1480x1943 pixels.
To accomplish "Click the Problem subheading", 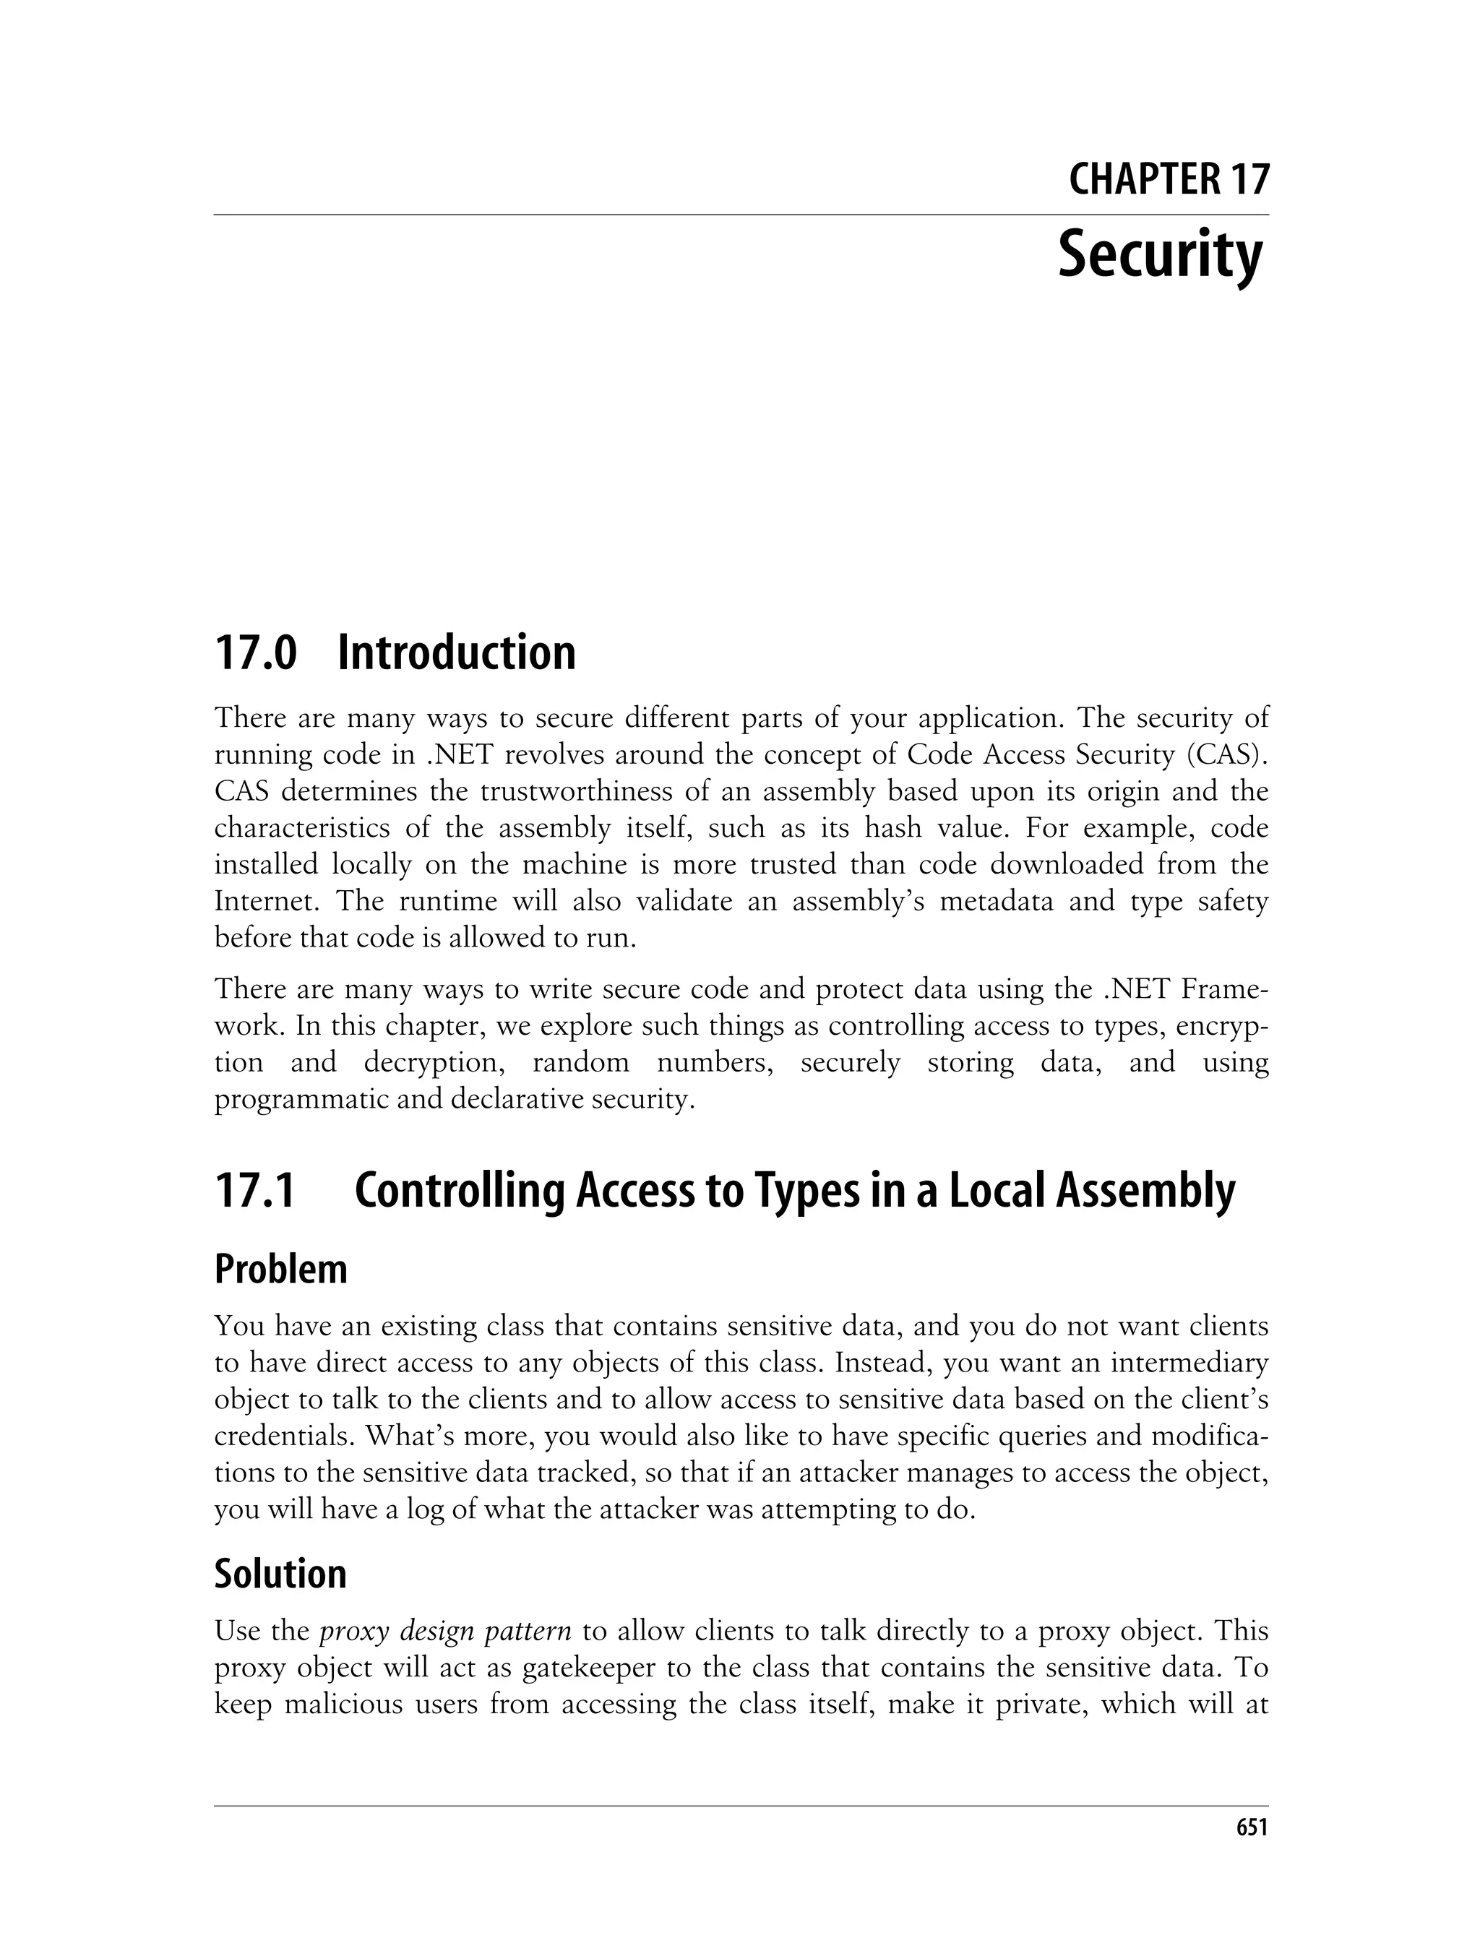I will click(281, 1270).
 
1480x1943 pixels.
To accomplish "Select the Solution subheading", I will click(280, 1574).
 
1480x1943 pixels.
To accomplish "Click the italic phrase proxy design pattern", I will click(446, 1631).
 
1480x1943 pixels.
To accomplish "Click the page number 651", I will click(1251, 1827).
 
